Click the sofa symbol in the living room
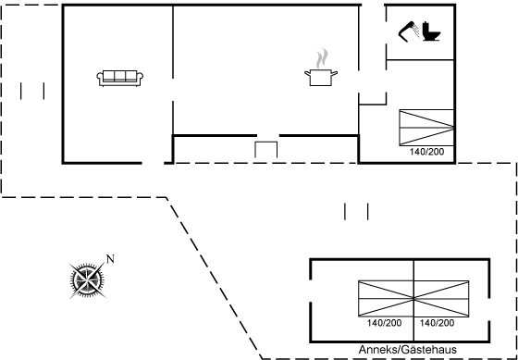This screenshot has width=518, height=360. [x=120, y=79]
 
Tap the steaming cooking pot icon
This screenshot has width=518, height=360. [x=321, y=68]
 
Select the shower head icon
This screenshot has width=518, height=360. [x=409, y=31]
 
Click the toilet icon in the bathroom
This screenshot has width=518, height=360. [x=431, y=31]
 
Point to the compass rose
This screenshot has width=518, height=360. [x=87, y=280]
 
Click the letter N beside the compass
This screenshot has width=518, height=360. [x=110, y=259]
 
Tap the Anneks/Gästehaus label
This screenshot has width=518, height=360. [x=408, y=350]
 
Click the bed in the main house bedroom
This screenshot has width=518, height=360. [x=426, y=128]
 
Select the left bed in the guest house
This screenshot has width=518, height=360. [x=386, y=299]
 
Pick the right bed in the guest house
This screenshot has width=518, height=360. [x=441, y=299]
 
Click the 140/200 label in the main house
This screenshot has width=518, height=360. [x=426, y=152]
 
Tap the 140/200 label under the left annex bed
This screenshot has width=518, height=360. [x=384, y=323]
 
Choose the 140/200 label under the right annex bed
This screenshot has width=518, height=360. [x=437, y=323]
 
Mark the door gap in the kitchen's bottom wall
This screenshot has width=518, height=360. [x=268, y=135]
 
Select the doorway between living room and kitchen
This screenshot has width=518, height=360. [x=173, y=90]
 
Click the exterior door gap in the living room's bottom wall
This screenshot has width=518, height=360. [x=153, y=163]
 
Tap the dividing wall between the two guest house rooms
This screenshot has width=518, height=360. [x=413, y=301]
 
